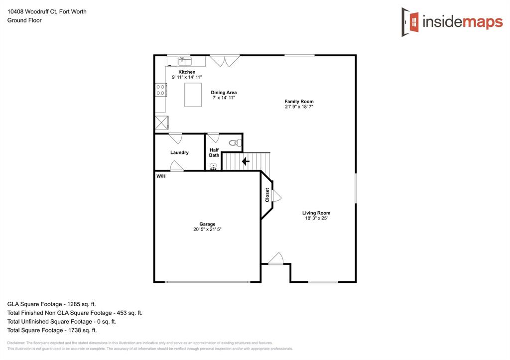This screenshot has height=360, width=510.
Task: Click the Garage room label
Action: tap(207, 224)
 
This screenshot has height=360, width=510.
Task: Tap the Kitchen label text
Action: tap(187, 72)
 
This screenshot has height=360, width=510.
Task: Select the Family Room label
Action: tap(299, 102)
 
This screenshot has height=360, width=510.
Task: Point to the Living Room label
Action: tap(316, 213)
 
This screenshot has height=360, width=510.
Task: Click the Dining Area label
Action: tap(224, 93)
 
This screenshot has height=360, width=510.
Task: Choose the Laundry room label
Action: tap(179, 152)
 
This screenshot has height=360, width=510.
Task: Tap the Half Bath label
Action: tap(214, 152)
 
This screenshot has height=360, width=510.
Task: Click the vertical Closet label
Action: tap(267, 195)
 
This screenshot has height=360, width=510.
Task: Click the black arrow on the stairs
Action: tap(245, 161)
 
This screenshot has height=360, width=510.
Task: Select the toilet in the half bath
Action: tap(235, 143)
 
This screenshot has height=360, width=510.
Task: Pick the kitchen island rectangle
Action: tap(193, 95)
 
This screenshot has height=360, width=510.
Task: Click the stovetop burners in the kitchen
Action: tap(161, 90)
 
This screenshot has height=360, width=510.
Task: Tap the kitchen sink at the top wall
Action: tap(185, 61)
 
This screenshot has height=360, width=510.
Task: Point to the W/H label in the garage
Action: tap(161, 176)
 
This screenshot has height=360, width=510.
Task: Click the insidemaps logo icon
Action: tap(410, 22)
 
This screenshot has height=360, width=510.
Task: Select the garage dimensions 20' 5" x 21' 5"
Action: tap(207, 230)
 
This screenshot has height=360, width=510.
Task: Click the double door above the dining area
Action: tap(224, 61)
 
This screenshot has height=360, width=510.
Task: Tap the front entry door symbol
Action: tap(275, 259)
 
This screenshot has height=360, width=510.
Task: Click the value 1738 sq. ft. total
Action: tap(81, 330)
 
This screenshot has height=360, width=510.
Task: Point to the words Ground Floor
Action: tap(24, 20)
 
